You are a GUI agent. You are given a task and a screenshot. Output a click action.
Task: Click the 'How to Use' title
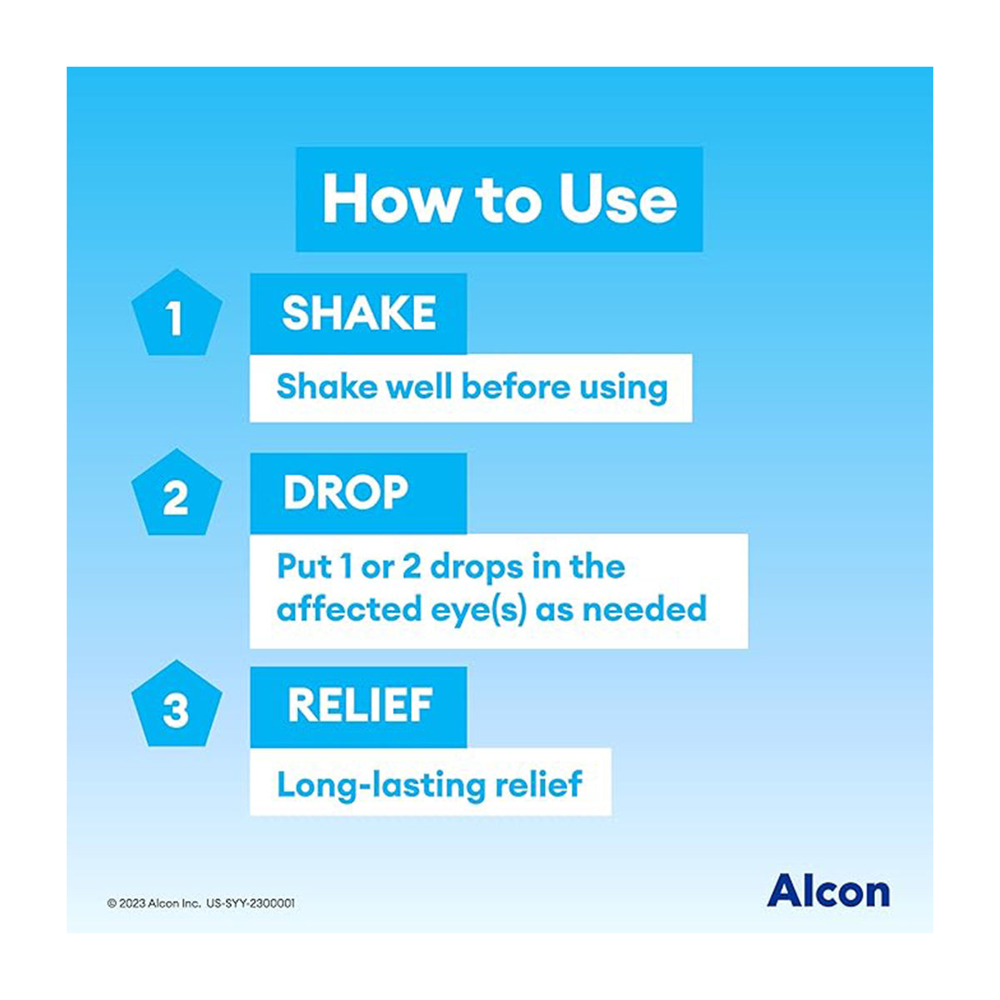point(499,200)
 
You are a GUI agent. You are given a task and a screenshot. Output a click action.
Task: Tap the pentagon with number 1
point(177,316)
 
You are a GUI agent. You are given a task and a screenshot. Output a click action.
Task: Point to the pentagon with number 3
point(177,708)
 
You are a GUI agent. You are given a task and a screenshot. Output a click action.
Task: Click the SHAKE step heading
point(358,314)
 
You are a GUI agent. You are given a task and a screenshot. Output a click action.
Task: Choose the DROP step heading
point(346,493)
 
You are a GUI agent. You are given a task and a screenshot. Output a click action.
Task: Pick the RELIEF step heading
point(360,707)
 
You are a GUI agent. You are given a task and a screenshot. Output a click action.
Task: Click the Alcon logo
point(827,891)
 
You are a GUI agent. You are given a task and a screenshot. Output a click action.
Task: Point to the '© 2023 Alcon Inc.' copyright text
point(154,903)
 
